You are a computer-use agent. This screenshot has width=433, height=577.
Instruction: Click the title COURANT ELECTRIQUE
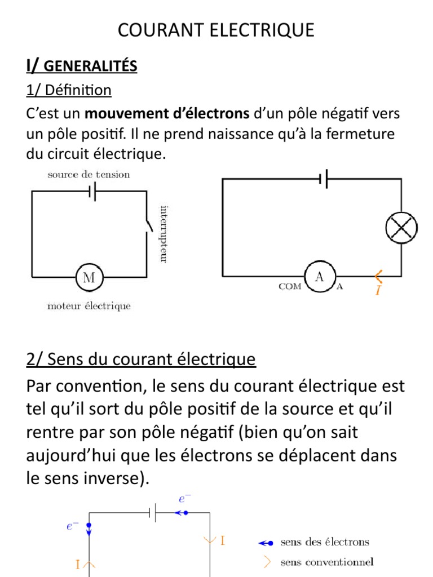click(x=216, y=30)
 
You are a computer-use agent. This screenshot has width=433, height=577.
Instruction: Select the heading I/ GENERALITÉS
click(x=81, y=66)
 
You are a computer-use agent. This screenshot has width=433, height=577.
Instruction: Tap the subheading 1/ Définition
click(x=68, y=90)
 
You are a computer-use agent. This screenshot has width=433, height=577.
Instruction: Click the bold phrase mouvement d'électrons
click(x=167, y=113)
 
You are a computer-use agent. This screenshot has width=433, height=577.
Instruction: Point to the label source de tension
click(x=89, y=175)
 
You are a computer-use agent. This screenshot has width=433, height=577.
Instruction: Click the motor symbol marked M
click(x=89, y=277)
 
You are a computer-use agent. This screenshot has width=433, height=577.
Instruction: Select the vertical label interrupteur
click(x=163, y=234)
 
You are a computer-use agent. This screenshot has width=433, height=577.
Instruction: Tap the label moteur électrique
click(x=89, y=306)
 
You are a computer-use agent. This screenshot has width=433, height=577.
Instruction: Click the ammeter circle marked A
click(x=319, y=276)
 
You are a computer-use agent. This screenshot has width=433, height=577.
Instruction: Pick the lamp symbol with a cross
click(x=401, y=228)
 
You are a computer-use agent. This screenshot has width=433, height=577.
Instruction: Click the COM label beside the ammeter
click(x=289, y=286)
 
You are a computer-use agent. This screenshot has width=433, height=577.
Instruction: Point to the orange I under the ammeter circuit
click(x=378, y=290)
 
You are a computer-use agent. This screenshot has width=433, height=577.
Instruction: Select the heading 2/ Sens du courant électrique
click(x=141, y=358)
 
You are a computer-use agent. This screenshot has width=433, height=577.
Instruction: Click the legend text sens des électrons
click(x=324, y=542)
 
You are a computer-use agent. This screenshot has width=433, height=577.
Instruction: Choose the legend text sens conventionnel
click(x=326, y=562)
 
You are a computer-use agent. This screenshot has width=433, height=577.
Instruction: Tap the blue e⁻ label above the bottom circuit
click(x=184, y=499)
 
